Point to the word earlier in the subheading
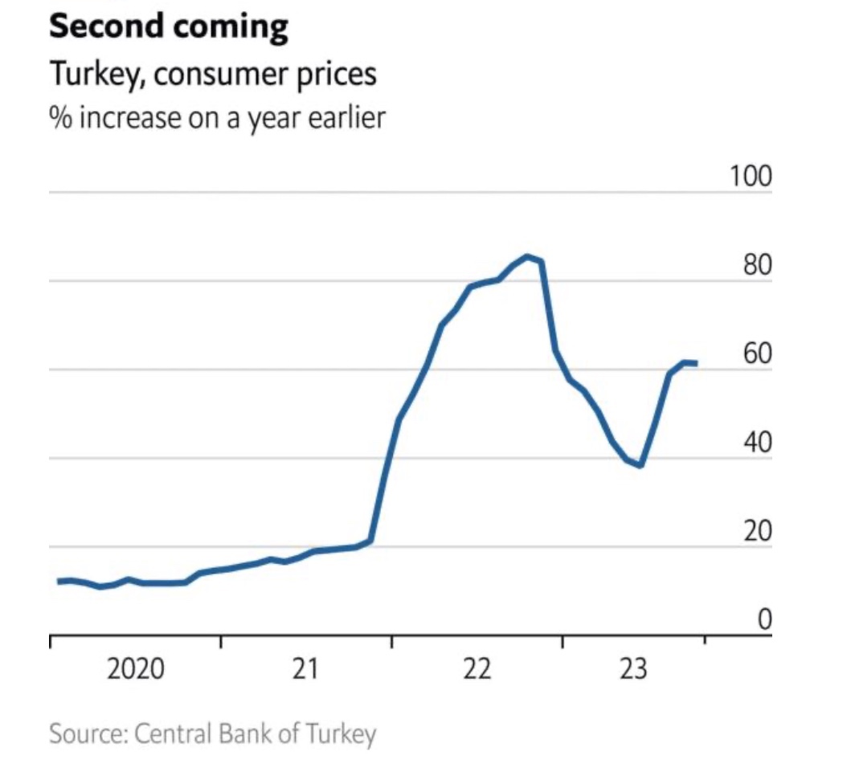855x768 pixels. point(345,117)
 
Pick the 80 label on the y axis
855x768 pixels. point(756,265)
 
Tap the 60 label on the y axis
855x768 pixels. point(756,353)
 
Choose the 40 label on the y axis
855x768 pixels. point(756,443)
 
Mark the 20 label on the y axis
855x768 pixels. point(756,531)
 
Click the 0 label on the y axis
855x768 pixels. point(764,619)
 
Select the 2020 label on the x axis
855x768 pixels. point(135,669)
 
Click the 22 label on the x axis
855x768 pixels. point(477,669)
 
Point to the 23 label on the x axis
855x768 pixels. point(633,669)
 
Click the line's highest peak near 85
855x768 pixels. point(527,257)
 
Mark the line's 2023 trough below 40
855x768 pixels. point(640,464)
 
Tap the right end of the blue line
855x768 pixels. point(696,364)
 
